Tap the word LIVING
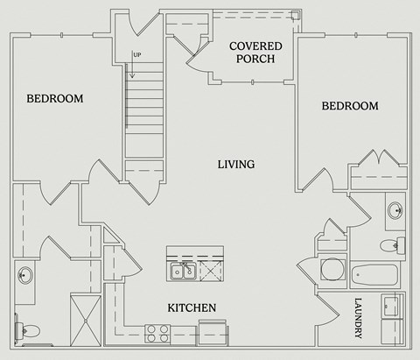pyautogui.click(x=236, y=164)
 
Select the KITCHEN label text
pyautogui.click(x=192, y=307)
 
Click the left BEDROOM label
pyautogui.click(x=54, y=99)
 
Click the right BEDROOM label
pyautogui.click(x=350, y=106)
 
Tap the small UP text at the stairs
pyautogui.click(x=137, y=55)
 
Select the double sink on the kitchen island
pyautogui.click(x=183, y=272)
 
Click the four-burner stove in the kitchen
pyautogui.click(x=157, y=333)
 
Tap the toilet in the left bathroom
pyautogui.click(x=28, y=330)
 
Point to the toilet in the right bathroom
pyautogui.click(x=398, y=244)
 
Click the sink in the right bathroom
pyautogui.click(x=395, y=211)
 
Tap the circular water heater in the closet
pyautogui.click(x=332, y=269)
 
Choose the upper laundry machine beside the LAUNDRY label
pyautogui.click(x=391, y=306)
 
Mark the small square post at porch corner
pyautogui.click(x=296, y=15)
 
